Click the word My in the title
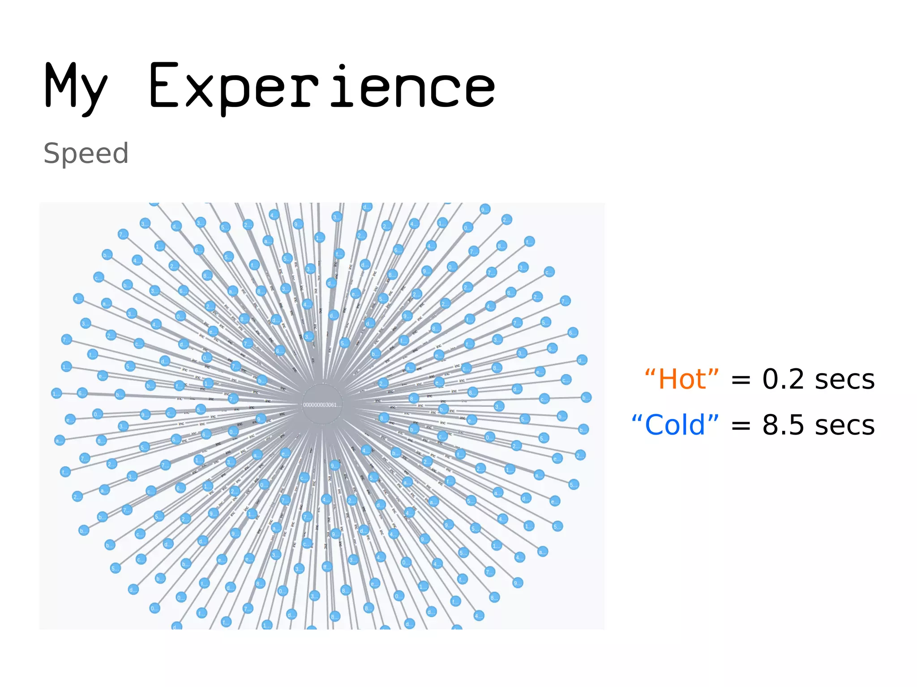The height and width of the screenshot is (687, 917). (x=76, y=87)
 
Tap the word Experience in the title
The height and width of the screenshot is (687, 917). (x=321, y=87)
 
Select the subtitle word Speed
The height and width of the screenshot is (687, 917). (x=86, y=153)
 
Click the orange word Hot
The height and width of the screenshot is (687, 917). (x=682, y=380)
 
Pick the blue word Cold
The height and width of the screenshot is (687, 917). (x=675, y=425)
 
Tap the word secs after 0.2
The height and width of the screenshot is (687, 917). (x=844, y=380)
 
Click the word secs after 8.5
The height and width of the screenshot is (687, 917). (x=844, y=425)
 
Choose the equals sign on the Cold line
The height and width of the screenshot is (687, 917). (x=741, y=427)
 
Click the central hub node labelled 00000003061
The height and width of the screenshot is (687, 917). (x=322, y=405)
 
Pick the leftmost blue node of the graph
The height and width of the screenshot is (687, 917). (x=56, y=393)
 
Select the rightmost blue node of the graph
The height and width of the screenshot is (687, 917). (x=586, y=397)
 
